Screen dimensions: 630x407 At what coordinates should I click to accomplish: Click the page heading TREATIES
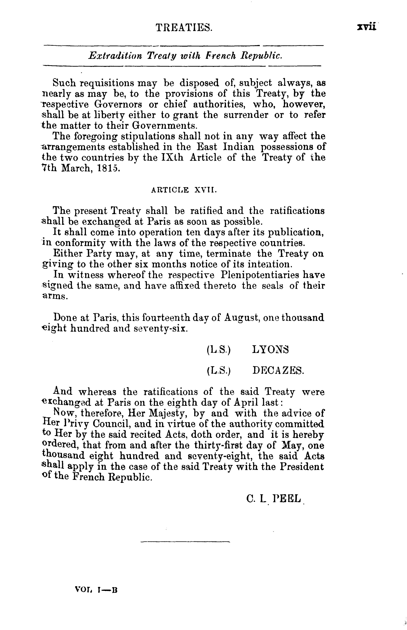[184, 27]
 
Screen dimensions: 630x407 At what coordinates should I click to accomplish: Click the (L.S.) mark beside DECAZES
[219, 371]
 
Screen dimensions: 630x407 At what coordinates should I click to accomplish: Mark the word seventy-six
[165, 328]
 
